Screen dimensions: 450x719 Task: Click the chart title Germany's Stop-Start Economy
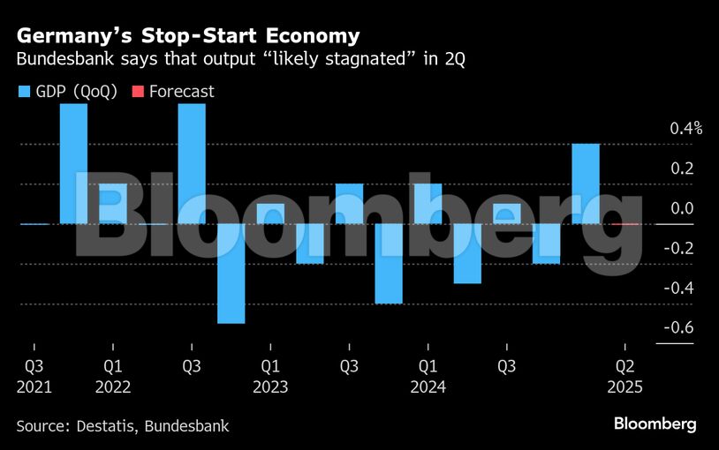(x=187, y=36)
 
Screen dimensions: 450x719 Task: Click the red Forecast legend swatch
(x=137, y=92)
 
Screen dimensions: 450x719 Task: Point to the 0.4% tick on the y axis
(x=685, y=129)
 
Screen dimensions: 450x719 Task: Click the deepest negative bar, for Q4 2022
(x=231, y=274)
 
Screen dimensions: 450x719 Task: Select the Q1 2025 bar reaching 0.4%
(x=586, y=184)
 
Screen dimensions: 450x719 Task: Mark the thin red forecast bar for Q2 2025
(x=624, y=224)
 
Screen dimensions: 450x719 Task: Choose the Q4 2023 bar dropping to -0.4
(x=388, y=263)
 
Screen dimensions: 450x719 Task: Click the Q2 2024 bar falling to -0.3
(x=467, y=253)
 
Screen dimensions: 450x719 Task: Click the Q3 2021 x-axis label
(x=34, y=376)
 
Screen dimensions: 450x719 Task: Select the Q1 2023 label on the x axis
(x=270, y=376)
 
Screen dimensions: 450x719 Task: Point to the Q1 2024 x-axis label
(x=428, y=376)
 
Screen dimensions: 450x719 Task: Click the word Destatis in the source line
(x=112, y=426)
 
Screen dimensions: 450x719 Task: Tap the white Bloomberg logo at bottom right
(x=655, y=424)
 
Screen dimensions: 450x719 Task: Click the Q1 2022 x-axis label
(x=112, y=376)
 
